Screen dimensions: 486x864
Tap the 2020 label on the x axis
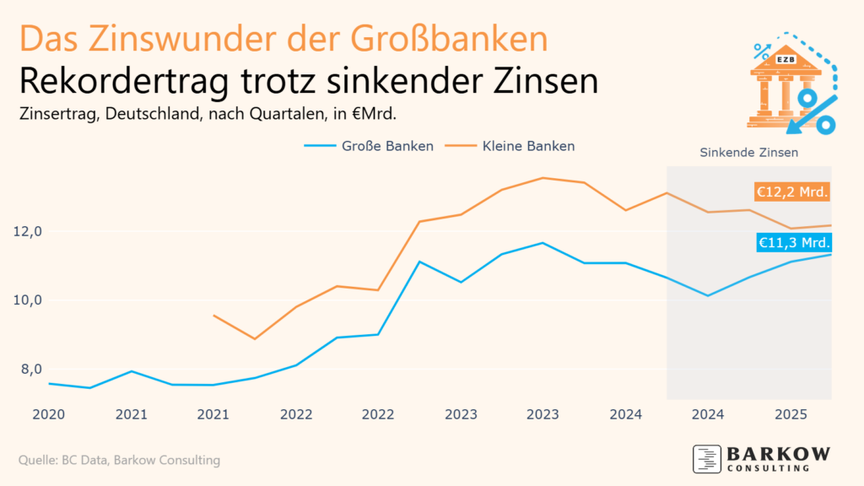coord(49,414)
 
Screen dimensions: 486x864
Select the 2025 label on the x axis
coord(791,414)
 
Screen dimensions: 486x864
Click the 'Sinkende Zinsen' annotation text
coord(749,153)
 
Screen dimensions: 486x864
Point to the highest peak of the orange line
coord(543,178)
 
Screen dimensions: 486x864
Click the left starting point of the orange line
coord(214,316)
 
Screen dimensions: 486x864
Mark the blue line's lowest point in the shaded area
coord(708,295)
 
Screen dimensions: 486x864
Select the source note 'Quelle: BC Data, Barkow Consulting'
coord(119,460)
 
